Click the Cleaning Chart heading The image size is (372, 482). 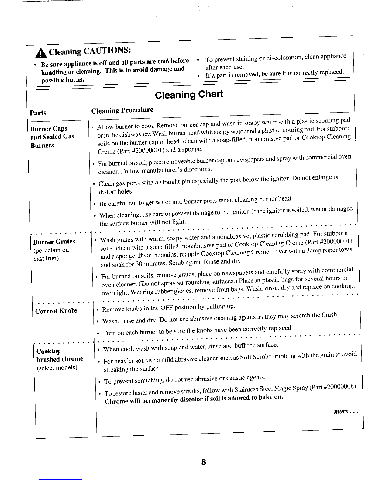(x=189, y=94)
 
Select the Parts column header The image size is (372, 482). (x=38, y=113)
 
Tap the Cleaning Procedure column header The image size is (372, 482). (x=122, y=110)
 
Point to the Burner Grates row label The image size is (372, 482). (x=54, y=242)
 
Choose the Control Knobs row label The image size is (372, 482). (x=57, y=311)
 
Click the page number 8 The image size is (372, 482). (x=203, y=462)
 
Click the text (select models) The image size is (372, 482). (x=57, y=368)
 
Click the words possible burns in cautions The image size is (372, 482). (x=63, y=80)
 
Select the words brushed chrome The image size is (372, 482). (x=60, y=359)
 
